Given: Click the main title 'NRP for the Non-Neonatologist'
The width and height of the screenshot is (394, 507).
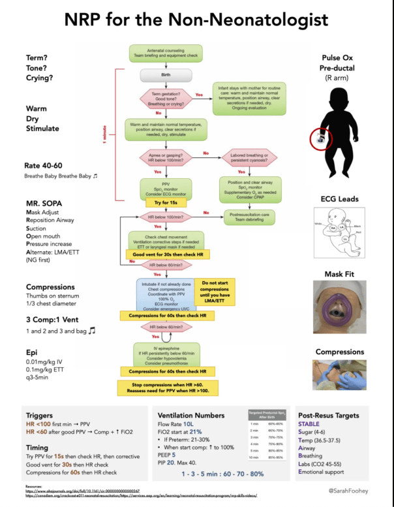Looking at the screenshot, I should [196, 20].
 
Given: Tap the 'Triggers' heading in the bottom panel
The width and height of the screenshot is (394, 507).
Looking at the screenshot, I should [39, 416].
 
